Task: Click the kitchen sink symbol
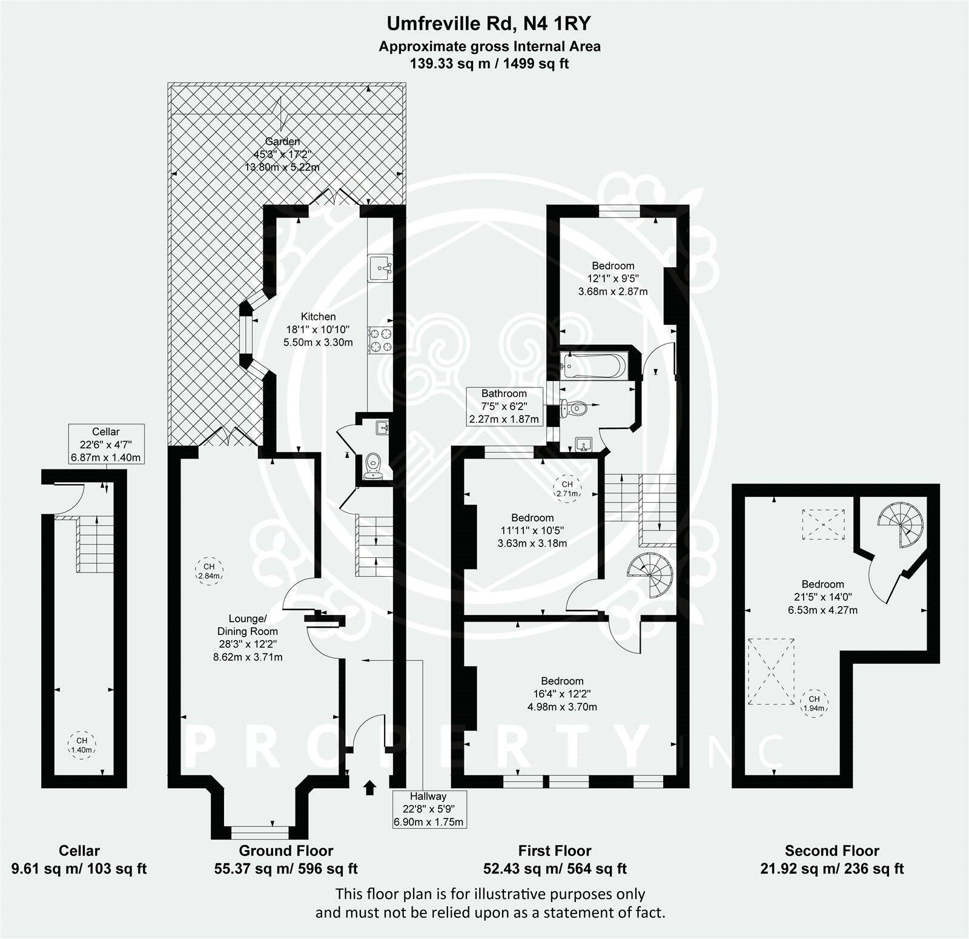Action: (x=380, y=268)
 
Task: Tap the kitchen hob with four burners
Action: (x=380, y=339)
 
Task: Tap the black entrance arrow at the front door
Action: (x=368, y=787)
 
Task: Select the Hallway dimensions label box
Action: (x=429, y=809)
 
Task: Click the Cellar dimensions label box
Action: (x=106, y=444)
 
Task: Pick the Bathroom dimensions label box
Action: (x=504, y=406)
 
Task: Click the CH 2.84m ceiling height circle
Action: (x=208, y=571)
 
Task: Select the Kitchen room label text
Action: (x=318, y=316)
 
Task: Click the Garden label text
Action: (x=282, y=141)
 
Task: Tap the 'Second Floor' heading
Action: (x=832, y=851)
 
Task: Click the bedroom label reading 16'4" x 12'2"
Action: (x=562, y=694)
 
